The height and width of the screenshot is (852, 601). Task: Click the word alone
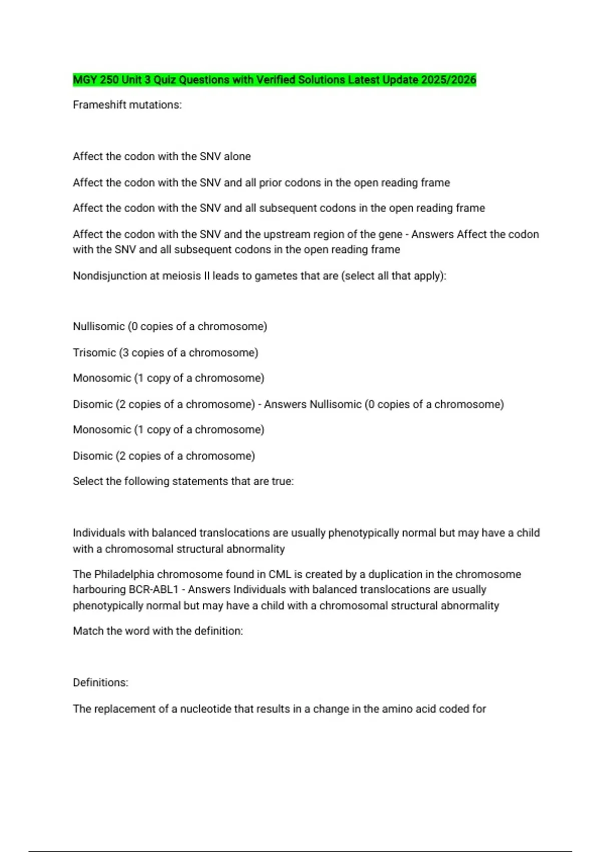click(x=237, y=156)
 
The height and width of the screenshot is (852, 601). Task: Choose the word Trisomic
click(x=94, y=352)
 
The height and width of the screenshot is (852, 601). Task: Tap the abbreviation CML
click(x=280, y=574)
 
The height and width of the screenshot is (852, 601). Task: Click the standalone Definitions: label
click(x=101, y=682)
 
